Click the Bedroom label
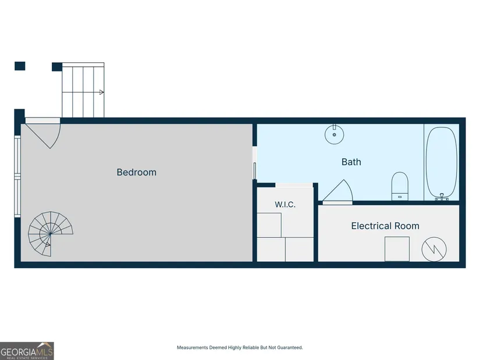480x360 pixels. pos(137,172)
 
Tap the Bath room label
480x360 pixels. pos(351,162)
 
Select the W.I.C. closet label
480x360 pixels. pos(285,204)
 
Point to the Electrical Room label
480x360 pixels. pos(385,226)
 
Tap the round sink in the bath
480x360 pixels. pos(335,134)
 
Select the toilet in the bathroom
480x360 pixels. pos(400,187)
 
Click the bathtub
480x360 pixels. pos(442,162)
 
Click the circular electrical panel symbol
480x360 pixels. pos(434,249)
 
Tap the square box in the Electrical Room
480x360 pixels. pos(397,249)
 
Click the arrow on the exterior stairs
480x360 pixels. pos(102,92)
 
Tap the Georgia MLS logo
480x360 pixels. pos(27,351)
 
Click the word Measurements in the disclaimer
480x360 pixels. pos(193,347)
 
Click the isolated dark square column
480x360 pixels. pos(20,66)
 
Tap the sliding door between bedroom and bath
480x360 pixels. pos(255,170)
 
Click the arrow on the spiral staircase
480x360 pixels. pos(48,245)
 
